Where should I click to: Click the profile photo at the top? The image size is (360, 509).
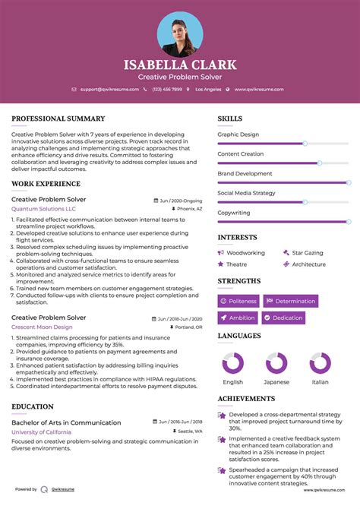[x=180, y=33]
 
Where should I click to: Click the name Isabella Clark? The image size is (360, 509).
[x=180, y=65]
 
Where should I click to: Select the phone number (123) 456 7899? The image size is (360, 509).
[x=167, y=89]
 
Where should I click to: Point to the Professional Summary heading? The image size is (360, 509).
[x=58, y=119]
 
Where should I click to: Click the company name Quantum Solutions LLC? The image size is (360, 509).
[x=43, y=208]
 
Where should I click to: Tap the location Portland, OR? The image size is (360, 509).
[x=187, y=327]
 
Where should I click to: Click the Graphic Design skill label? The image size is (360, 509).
[x=238, y=134]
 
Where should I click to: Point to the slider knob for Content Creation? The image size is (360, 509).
[x=319, y=163]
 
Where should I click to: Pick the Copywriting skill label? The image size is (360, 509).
[x=234, y=213]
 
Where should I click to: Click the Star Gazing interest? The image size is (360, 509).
[x=307, y=252]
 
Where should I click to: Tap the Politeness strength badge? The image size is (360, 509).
[x=238, y=301]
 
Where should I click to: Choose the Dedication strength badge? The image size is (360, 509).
[x=287, y=318]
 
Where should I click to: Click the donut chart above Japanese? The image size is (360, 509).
[x=276, y=362]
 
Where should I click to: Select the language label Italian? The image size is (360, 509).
[x=321, y=382]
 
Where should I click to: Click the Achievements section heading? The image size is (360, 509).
[x=246, y=398]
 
